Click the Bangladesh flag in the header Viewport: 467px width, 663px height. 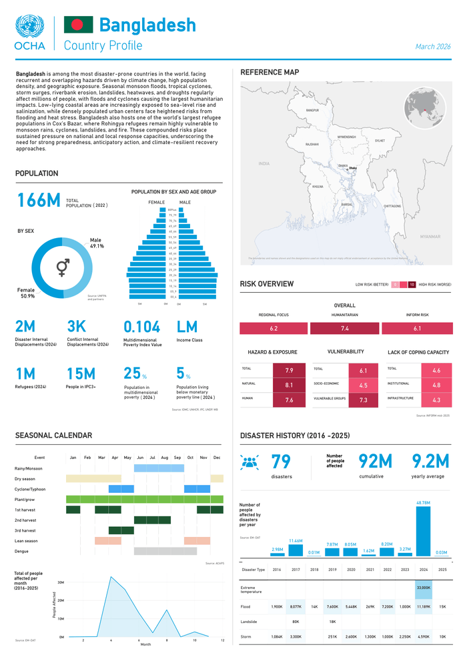coord(78,25)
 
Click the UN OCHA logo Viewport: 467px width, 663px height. coord(29,33)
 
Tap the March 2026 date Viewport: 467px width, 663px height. coord(433,47)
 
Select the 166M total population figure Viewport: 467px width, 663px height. coord(39,200)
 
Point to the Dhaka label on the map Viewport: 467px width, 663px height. coord(352,168)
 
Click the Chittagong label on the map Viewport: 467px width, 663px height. coord(392,206)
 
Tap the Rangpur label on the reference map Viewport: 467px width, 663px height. coord(312,110)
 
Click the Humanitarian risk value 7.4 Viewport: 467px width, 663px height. coord(345,329)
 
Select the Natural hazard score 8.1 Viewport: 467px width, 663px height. coord(289,385)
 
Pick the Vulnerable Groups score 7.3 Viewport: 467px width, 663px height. coord(363,400)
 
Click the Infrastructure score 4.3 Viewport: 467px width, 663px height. coord(436,400)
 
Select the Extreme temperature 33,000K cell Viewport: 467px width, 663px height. coord(423,588)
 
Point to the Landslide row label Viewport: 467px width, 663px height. coord(249,622)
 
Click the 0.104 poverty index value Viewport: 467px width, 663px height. coord(142,327)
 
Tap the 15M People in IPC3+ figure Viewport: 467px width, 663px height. coord(81,374)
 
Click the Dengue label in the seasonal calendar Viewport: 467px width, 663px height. coord(22,551)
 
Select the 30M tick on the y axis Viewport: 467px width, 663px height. coord(60,582)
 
